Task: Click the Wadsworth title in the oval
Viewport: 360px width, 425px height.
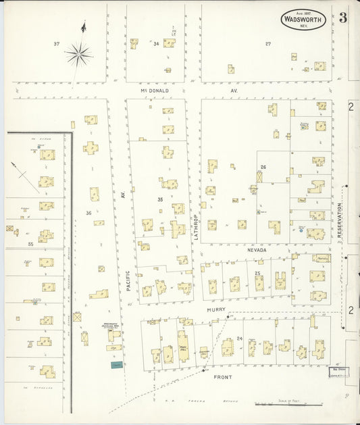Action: (303, 20)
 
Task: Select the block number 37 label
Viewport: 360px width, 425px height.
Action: (57, 44)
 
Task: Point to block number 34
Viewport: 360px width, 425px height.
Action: (156, 44)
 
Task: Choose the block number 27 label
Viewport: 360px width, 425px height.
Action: (267, 44)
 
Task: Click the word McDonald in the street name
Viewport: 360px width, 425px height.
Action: (154, 90)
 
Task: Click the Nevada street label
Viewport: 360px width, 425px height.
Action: (257, 250)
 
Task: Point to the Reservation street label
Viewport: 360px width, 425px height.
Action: (340, 220)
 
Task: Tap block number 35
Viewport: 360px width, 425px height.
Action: (160, 200)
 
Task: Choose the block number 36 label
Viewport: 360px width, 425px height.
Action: (88, 214)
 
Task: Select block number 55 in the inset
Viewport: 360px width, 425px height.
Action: (30, 243)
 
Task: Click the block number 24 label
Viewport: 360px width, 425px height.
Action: (240, 337)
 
